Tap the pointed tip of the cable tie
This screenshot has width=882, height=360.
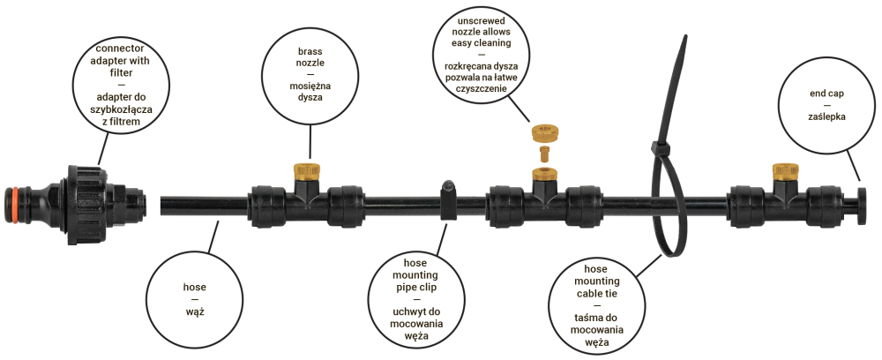685,37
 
